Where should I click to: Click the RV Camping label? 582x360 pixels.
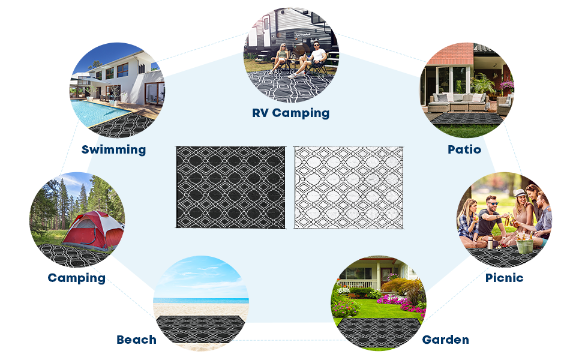coord(291,113)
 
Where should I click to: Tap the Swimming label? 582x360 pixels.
coord(113,149)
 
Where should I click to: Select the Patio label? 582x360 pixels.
coord(464,149)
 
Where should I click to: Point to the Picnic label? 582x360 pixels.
coord(504,278)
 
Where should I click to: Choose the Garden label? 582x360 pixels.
coord(445,340)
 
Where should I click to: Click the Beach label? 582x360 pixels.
coord(136,340)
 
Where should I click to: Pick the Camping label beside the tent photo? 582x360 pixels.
coord(76,278)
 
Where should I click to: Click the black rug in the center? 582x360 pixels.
coord(230,187)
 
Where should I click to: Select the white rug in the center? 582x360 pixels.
coord(349,187)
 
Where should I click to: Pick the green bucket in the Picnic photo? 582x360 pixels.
coord(524,245)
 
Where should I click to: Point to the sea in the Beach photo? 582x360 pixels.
coord(201,301)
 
